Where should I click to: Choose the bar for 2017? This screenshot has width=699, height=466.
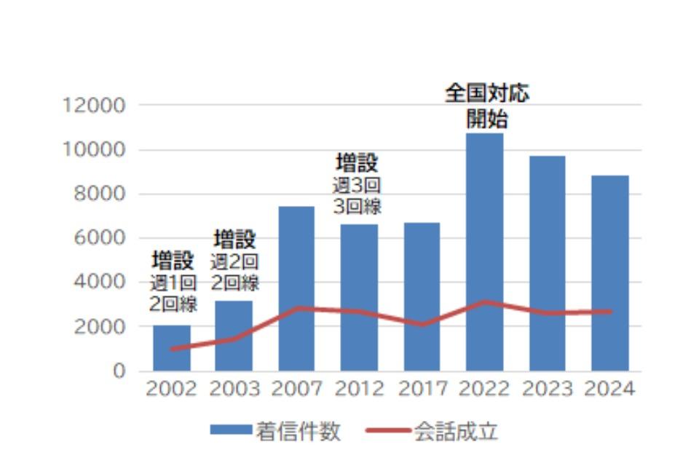pyautogui.click(x=422, y=284)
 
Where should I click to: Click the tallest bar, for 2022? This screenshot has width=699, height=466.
pyautogui.click(x=485, y=218)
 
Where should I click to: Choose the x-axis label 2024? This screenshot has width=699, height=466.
pyautogui.click(x=610, y=390)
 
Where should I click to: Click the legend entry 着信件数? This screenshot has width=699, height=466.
pyautogui.click(x=298, y=431)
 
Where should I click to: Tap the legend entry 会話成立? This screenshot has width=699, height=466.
pyautogui.click(x=456, y=431)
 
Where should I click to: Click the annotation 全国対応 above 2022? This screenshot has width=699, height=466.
pyautogui.click(x=487, y=94)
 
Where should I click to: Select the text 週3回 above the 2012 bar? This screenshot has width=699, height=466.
pyautogui.click(x=357, y=185)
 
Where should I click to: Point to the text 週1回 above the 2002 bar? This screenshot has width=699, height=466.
pyautogui.click(x=173, y=283)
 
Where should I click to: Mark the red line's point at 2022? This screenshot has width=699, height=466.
pyautogui.click(x=485, y=302)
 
